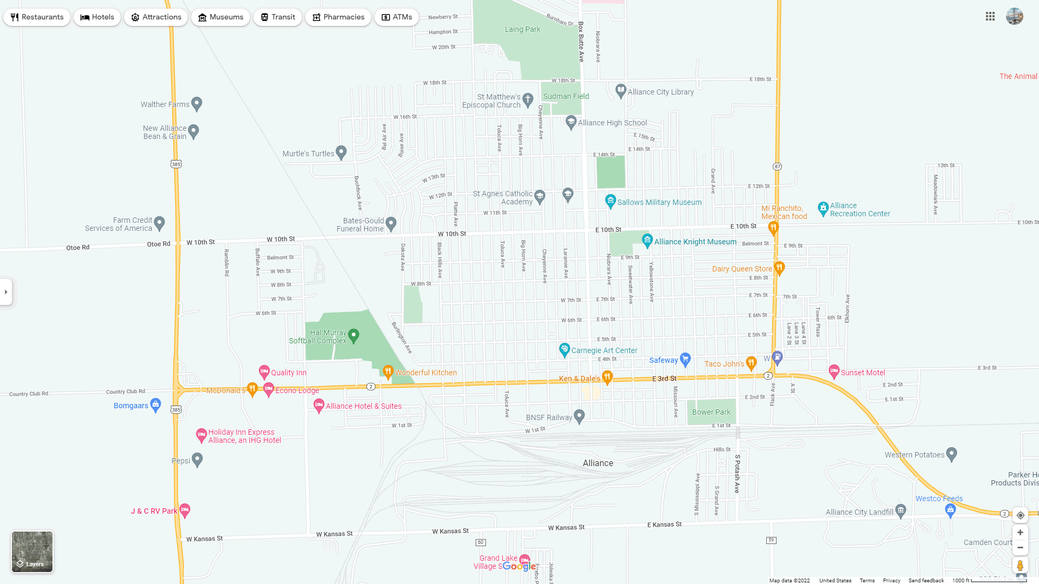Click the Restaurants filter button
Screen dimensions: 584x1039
[37, 17]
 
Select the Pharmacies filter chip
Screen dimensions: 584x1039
[338, 17]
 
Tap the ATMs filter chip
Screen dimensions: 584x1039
[397, 17]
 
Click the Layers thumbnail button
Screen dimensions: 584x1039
[32, 552]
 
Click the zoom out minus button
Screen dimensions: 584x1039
[1020, 548]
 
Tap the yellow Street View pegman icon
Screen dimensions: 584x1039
[1020, 566]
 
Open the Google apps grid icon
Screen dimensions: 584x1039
[990, 17]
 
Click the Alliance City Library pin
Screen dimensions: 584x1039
[621, 90]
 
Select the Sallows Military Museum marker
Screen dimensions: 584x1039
[610, 201]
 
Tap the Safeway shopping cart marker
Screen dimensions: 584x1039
[685, 359]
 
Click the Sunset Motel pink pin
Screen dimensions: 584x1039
[834, 371]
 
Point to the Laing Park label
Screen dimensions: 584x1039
[522, 30]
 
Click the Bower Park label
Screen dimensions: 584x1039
[711, 412]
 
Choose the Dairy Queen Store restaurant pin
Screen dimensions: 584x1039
[779, 268]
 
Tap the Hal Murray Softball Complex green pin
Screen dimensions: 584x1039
[354, 336]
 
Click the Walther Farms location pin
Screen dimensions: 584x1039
[197, 103]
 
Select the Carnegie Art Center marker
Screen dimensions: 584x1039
[564, 350]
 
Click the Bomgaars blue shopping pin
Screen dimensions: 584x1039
[156, 404]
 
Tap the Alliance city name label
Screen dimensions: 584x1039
[598, 463]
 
